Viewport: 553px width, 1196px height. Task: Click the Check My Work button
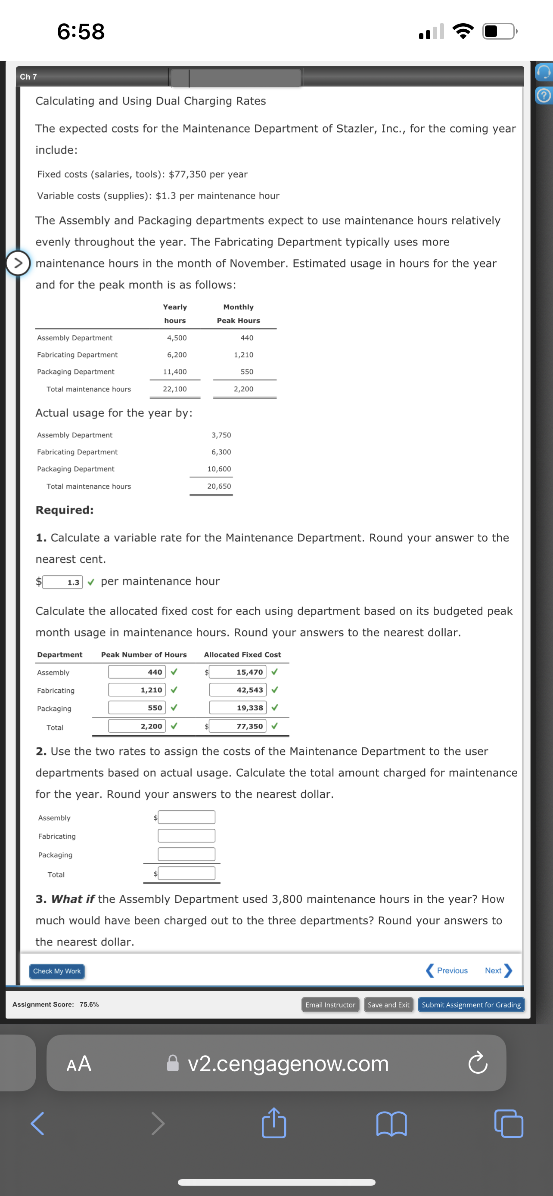click(57, 971)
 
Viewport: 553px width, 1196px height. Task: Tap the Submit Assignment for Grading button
click(471, 1005)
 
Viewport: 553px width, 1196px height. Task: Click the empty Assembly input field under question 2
click(186, 817)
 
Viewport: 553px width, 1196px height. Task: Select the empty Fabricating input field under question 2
click(186, 836)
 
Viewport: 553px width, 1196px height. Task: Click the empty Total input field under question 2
click(186, 874)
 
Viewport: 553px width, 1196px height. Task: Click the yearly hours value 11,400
click(174, 372)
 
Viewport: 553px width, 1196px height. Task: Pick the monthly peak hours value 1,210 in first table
click(243, 355)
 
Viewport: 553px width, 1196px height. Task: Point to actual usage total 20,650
click(219, 486)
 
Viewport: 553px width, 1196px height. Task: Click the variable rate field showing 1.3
click(63, 582)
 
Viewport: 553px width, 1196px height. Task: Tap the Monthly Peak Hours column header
click(238, 313)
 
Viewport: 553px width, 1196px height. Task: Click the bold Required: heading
click(65, 510)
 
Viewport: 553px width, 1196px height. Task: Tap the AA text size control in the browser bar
click(79, 1063)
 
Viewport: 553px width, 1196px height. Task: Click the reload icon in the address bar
click(477, 1063)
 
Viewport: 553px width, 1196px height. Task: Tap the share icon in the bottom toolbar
click(273, 1123)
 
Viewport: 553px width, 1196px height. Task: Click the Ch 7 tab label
click(28, 77)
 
